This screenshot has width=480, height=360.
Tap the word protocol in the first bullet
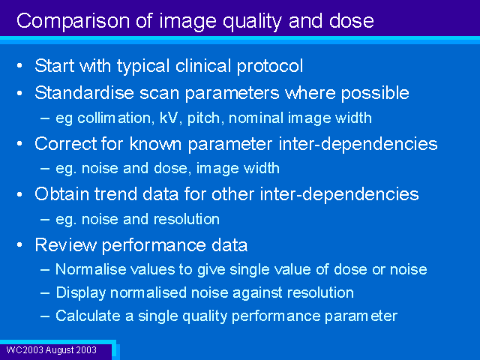(270, 67)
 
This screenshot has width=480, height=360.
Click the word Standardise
(84, 92)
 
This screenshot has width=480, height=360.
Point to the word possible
(375, 93)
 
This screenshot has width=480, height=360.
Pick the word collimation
(114, 118)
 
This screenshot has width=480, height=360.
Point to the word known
(155, 143)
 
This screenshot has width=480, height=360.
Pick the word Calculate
(88, 316)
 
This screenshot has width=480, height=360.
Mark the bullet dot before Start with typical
(20, 65)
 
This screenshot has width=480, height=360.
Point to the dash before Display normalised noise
(45, 293)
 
